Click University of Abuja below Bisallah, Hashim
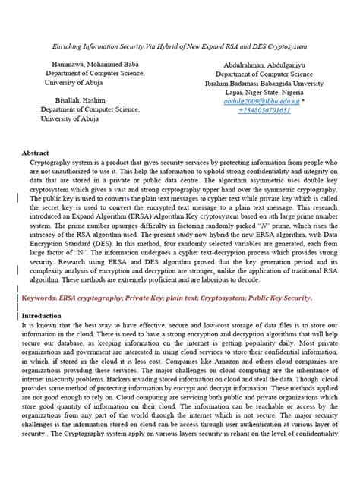point(80,118)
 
